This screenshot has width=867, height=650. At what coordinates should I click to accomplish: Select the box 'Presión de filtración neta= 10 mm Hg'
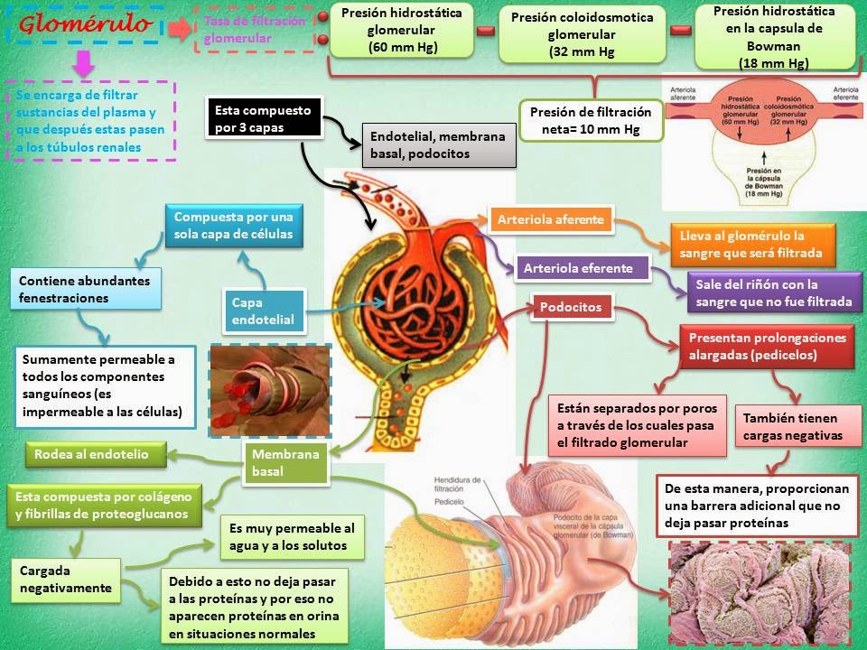(591, 121)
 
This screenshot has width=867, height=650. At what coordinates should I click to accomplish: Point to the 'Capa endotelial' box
(264, 311)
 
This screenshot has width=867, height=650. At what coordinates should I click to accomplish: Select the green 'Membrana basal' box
(285, 462)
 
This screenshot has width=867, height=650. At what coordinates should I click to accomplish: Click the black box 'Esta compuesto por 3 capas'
(263, 118)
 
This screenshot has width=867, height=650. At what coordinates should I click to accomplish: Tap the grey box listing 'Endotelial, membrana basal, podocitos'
(439, 145)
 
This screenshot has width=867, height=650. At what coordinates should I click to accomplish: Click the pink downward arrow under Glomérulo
(84, 64)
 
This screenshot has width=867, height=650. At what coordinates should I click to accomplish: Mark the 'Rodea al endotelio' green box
(98, 454)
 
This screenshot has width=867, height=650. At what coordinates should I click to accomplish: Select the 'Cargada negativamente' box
(66, 580)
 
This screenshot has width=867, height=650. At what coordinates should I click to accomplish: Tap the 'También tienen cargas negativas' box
(792, 427)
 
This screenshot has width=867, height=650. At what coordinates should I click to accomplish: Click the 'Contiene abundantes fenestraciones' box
(86, 289)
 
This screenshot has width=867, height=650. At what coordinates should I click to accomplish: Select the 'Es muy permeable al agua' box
(293, 537)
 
